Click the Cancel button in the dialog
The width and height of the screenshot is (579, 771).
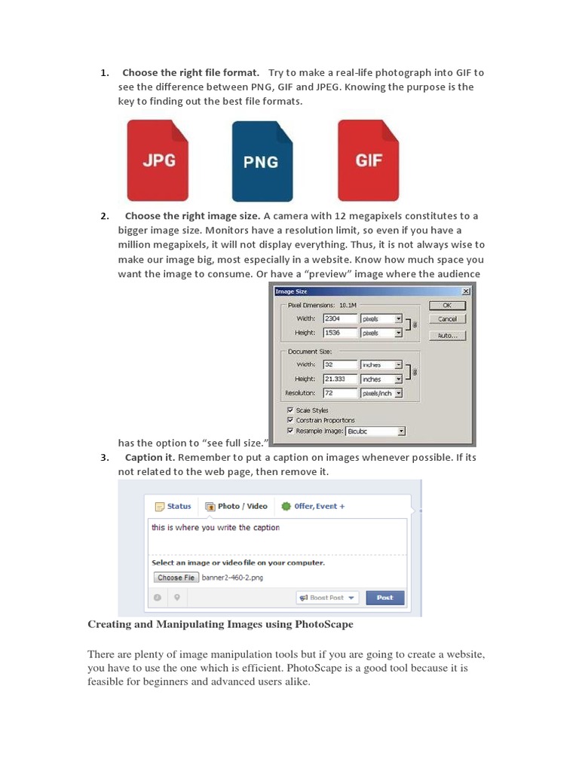pyautogui.click(x=447, y=319)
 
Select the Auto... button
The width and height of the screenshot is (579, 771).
pyautogui.click(x=447, y=336)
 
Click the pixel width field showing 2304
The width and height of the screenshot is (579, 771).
pyautogui.click(x=340, y=318)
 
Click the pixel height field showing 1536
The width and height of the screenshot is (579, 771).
pyautogui.click(x=340, y=332)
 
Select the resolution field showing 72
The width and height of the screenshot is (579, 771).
pyautogui.click(x=340, y=393)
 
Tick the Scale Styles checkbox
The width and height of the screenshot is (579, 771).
pyautogui.click(x=290, y=410)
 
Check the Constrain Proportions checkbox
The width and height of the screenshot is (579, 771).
pyautogui.click(x=290, y=420)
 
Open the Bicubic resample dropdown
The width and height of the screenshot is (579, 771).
pyautogui.click(x=375, y=431)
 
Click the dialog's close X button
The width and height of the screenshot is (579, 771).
pyautogui.click(x=465, y=291)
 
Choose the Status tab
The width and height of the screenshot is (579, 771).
pyautogui.click(x=173, y=507)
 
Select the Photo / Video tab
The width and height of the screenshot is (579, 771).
pyautogui.click(x=237, y=507)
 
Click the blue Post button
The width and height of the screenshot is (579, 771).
pyautogui.click(x=384, y=598)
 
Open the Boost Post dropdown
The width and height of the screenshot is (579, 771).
pyautogui.click(x=326, y=598)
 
